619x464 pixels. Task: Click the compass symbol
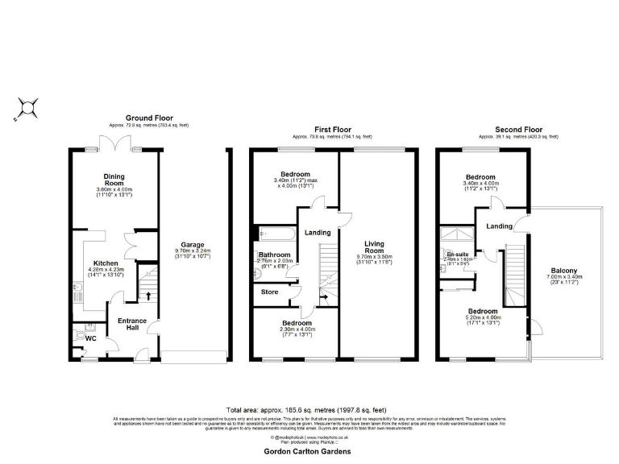point(28,107)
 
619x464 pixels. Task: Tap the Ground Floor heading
point(149,118)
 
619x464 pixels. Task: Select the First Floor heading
point(333,129)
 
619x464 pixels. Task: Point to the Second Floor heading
point(518,129)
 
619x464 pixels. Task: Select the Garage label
point(192,244)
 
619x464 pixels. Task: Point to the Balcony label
point(563,271)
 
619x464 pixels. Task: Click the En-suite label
point(458,254)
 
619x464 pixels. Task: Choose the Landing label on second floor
point(499,226)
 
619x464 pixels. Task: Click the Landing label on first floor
point(318,234)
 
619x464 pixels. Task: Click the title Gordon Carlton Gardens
point(309,452)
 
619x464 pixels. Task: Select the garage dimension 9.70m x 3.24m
point(192,251)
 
